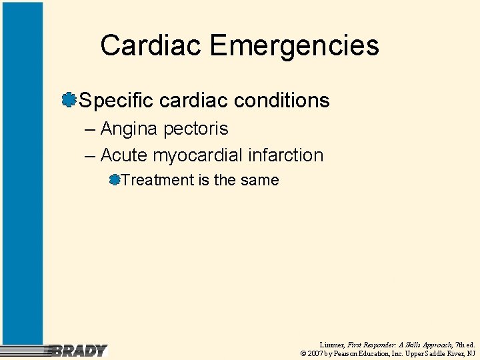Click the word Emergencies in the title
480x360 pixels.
coord(294,46)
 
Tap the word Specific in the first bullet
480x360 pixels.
coord(116,101)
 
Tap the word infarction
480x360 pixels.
coord(285,155)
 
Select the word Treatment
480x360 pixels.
coord(157,180)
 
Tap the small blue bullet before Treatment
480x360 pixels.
coord(115,179)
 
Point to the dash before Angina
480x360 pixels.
coord(91,129)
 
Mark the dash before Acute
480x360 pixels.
coord(91,156)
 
